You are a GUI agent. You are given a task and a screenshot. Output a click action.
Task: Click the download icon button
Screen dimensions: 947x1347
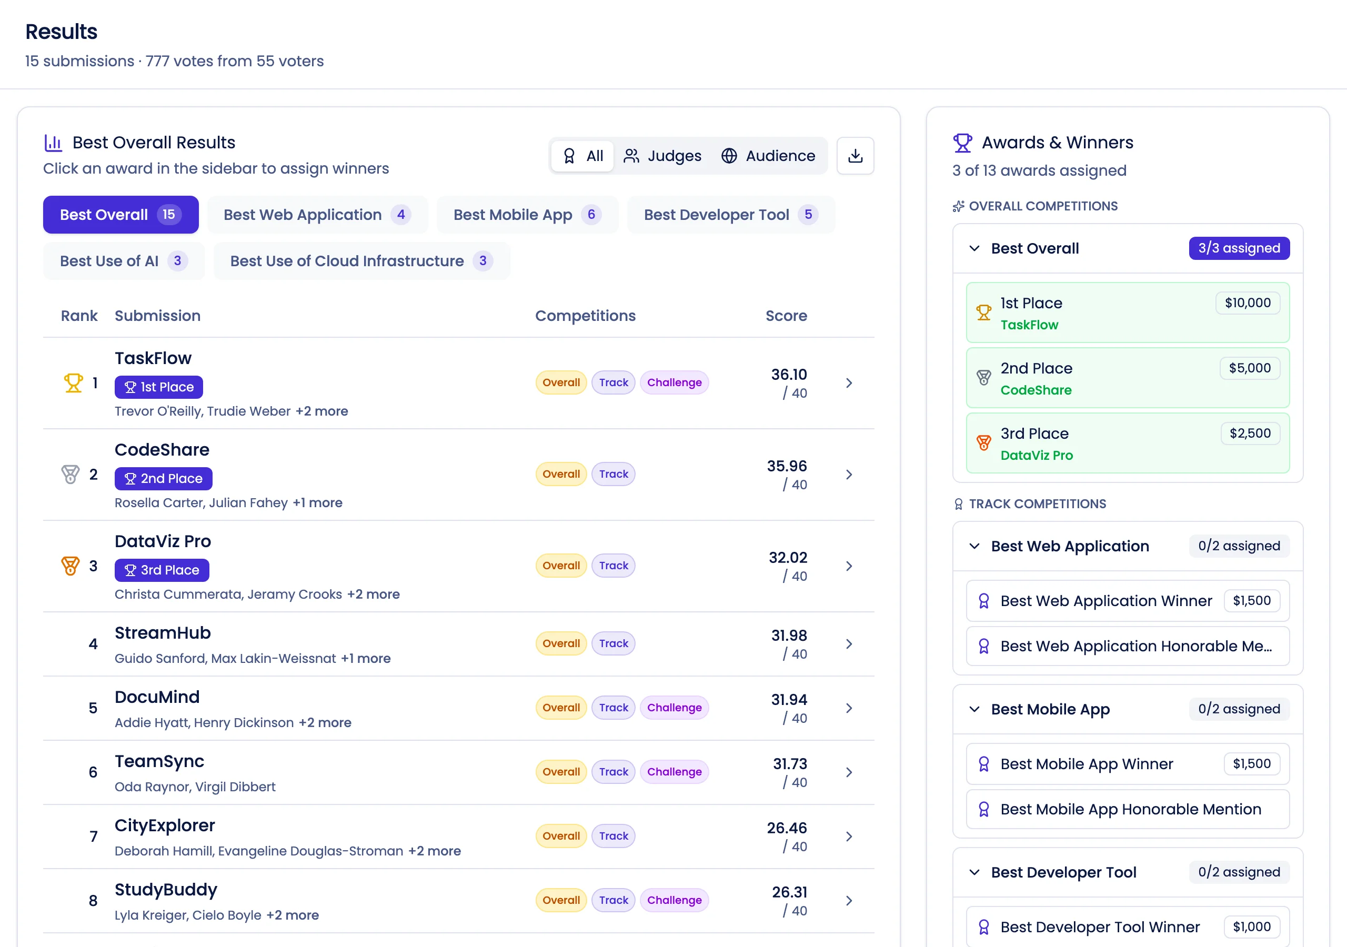[855, 156]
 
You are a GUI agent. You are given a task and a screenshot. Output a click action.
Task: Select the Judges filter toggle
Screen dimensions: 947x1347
[663, 156]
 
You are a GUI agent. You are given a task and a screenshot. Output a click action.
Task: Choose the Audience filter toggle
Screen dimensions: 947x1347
[768, 156]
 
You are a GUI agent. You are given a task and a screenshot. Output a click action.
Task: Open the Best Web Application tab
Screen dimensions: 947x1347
[317, 215]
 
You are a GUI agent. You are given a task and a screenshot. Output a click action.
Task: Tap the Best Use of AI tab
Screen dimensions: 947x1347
[123, 261]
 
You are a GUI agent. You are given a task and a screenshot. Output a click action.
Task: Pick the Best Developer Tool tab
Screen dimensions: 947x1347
[730, 215]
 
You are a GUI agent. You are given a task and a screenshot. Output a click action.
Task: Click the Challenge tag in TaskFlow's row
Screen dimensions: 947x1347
[674, 382]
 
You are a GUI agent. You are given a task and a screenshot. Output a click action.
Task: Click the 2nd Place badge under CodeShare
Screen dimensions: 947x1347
[163, 478]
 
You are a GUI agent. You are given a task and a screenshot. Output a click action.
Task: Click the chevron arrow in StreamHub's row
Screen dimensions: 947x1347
[848, 643]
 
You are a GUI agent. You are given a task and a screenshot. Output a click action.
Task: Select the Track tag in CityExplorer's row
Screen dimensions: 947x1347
[613, 836]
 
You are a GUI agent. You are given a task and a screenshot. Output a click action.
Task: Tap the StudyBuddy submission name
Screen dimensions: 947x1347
[165, 890]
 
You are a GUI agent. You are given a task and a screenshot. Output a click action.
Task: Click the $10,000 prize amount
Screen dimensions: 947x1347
[1247, 303]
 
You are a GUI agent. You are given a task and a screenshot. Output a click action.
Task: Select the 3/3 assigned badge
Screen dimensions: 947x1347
[1239, 248]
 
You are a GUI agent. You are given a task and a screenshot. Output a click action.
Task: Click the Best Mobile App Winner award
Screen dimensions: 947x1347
[1087, 764]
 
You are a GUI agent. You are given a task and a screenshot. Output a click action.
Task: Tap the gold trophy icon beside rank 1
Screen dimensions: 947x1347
[73, 383]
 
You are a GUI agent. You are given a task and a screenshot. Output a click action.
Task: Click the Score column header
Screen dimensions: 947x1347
[786, 316]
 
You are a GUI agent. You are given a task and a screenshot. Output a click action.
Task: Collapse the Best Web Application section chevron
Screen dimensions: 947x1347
[974, 546]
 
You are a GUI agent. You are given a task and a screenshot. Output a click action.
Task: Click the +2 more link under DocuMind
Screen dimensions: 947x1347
[325, 723]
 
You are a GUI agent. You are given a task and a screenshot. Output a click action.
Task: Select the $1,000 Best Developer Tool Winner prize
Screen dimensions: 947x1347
[1251, 927]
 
